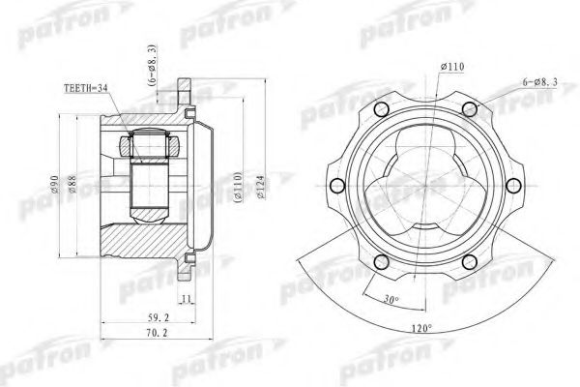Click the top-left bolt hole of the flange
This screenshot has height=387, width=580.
coord(382,108)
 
